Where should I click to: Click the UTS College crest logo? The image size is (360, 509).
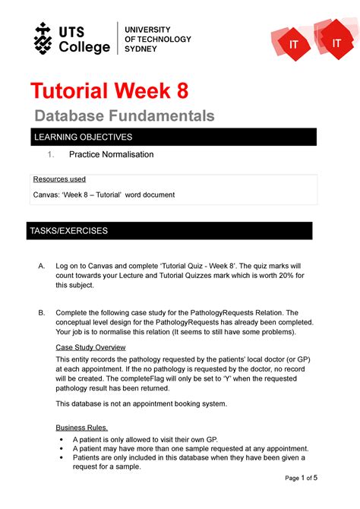[43, 38]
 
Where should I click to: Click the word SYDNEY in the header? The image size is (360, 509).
[141, 49]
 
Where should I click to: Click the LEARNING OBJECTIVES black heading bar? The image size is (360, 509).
[171, 137]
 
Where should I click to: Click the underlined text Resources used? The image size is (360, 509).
[58, 179]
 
